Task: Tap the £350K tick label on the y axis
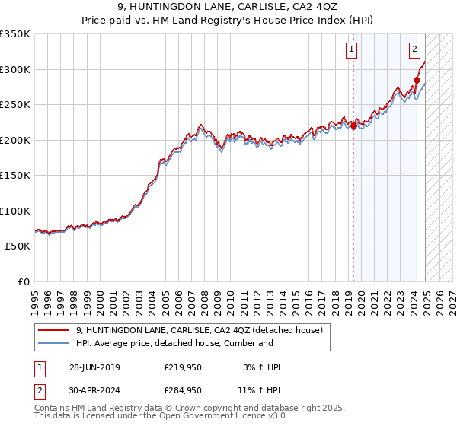(x=15, y=34)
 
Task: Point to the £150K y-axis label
(x=15, y=176)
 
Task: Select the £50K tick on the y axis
(x=18, y=246)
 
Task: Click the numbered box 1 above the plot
(x=352, y=50)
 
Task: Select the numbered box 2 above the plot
(x=414, y=50)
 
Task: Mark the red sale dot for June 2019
(x=353, y=126)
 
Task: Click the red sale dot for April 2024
(x=417, y=80)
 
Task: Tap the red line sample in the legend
(x=53, y=330)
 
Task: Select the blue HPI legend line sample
(x=53, y=343)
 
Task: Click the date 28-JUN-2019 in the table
(x=94, y=367)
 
